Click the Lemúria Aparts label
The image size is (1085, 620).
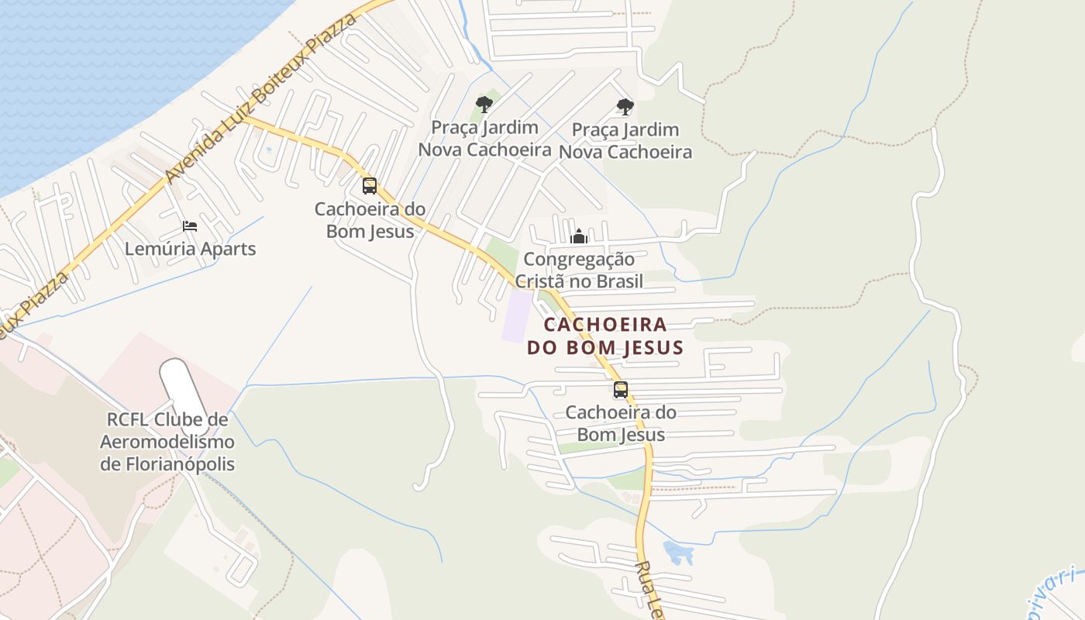(x=190, y=249)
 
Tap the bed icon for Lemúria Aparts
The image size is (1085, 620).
(x=190, y=226)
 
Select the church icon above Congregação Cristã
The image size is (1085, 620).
(x=579, y=236)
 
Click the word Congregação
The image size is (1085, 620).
(x=579, y=259)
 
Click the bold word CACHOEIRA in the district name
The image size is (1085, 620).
(x=605, y=324)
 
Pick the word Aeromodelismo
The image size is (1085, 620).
(x=167, y=442)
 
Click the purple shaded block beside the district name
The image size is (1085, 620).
(x=518, y=316)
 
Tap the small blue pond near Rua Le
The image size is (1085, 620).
(x=678, y=553)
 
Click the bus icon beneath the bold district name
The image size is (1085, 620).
(x=621, y=390)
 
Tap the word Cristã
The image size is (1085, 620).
(x=542, y=281)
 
